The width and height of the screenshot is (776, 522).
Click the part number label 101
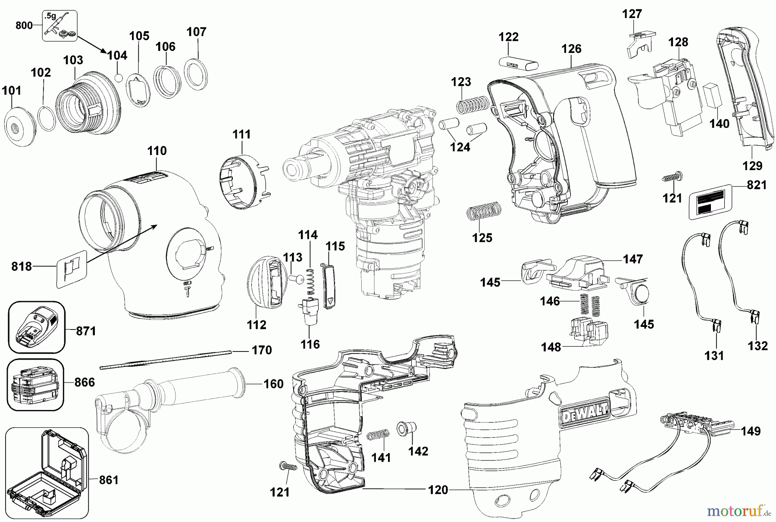(x=12, y=91)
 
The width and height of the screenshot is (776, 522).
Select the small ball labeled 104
(x=120, y=78)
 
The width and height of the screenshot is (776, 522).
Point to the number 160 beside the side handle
(x=273, y=384)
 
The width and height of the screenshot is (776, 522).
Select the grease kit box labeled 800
(x=60, y=26)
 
